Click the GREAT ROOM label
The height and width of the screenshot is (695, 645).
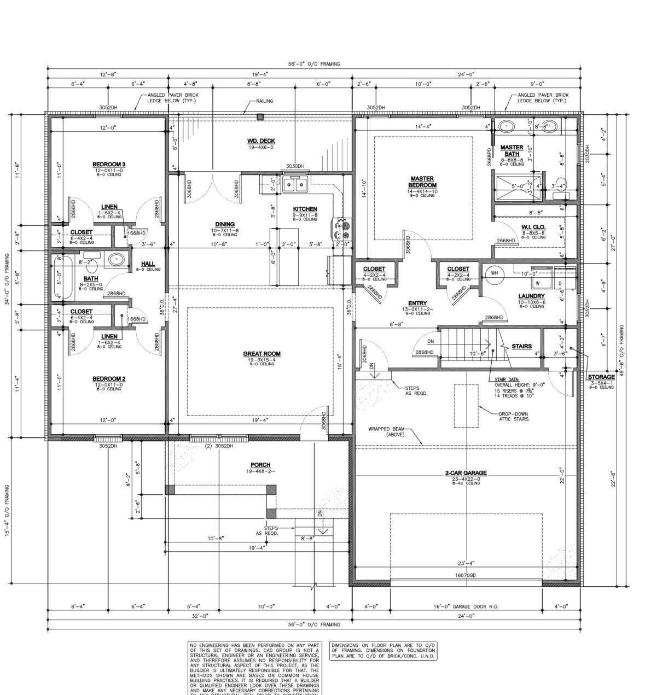tap(262, 354)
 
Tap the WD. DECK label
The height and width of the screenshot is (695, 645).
tap(260, 141)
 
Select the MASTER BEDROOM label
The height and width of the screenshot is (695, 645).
tap(422, 182)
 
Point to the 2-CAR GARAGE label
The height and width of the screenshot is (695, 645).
tap(466, 473)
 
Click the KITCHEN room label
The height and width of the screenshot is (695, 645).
tap(305, 209)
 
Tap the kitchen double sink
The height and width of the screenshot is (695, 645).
tap(295, 186)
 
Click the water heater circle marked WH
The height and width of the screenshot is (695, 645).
tap(494, 273)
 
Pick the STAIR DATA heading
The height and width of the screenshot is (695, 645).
tap(507, 379)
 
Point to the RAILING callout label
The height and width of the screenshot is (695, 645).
tap(264, 101)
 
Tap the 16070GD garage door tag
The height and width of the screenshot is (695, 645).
tap(466, 575)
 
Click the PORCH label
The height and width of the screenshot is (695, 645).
tap(260, 465)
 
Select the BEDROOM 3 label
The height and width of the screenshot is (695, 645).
tap(108, 164)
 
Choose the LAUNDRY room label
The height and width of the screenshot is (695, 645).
tap(531, 296)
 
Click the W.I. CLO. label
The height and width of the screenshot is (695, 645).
tap(533, 226)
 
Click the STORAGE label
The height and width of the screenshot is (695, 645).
tap(601, 377)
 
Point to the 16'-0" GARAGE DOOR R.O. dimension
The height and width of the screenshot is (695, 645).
tap(466, 606)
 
